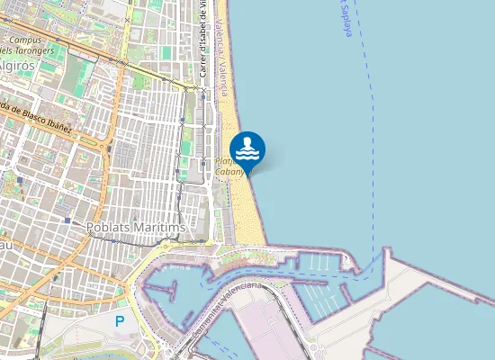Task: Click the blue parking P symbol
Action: pyautogui.click(x=120, y=320)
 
